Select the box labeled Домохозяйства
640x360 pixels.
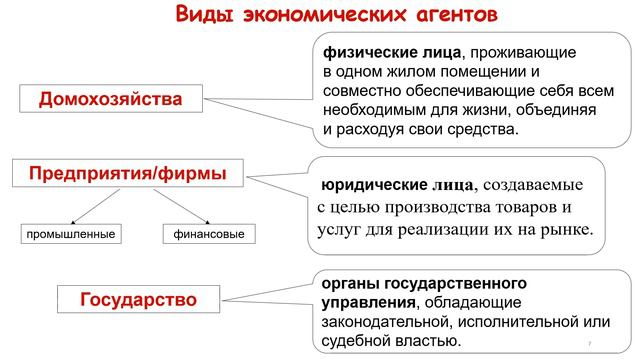point(110,100)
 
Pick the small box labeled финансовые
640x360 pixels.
point(208,234)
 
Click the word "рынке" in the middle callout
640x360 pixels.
point(568,231)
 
